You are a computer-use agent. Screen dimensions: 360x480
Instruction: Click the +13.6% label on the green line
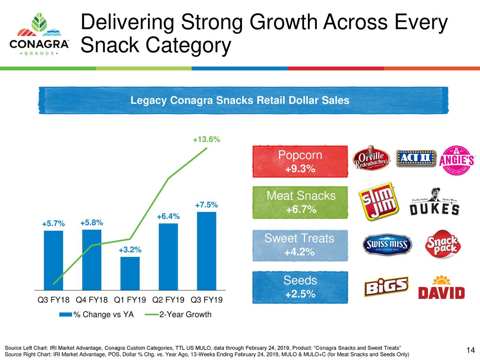206,140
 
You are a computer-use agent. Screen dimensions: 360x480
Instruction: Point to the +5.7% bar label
53,224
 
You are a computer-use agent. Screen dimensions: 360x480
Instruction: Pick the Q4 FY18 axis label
91,300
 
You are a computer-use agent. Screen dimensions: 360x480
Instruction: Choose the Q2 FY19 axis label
168,300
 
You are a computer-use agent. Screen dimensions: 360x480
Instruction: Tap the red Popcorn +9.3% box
300,162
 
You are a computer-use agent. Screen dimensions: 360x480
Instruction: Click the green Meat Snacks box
300,202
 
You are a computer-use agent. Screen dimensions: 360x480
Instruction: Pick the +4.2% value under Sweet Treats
299,252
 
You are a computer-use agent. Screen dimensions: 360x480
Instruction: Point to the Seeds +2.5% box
300,287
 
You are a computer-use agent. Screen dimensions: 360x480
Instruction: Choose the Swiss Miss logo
387,245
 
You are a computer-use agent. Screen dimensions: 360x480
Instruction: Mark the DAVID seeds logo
441,288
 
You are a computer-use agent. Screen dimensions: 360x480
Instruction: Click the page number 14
471,350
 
